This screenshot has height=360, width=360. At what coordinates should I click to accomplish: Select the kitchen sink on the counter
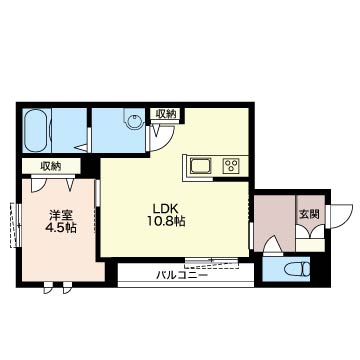click(199, 164)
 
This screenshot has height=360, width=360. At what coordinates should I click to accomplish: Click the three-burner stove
click(232, 165)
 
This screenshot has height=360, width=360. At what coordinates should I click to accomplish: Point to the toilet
click(297, 269)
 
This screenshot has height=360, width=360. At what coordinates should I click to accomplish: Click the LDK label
click(165, 209)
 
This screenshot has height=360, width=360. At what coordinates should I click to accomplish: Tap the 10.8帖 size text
click(165, 223)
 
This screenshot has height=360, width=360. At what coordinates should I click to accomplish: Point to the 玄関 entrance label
click(308, 213)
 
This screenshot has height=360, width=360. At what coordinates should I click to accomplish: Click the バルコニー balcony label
click(181, 274)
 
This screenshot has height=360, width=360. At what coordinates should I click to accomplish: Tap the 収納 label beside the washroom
click(165, 114)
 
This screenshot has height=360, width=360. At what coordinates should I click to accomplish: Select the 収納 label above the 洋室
click(50, 166)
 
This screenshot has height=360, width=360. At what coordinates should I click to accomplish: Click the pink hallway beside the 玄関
click(271, 220)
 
